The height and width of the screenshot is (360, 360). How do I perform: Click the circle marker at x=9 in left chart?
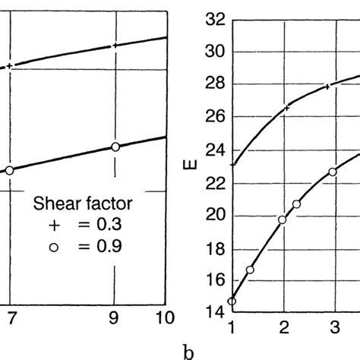pyautogui.click(x=115, y=147)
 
